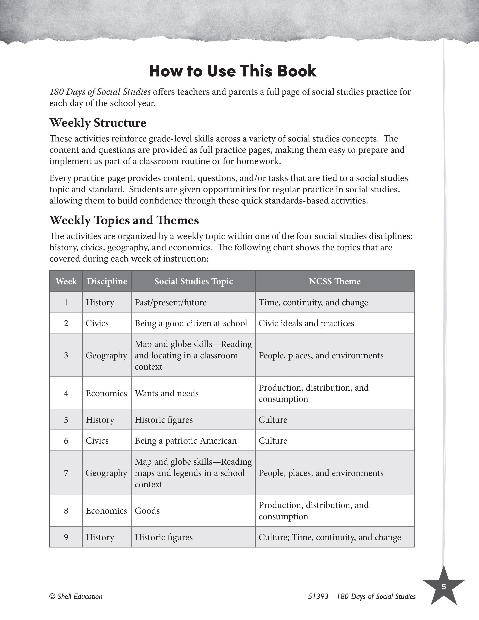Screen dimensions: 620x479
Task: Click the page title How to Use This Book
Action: tap(232, 71)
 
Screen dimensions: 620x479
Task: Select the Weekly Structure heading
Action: tap(98, 123)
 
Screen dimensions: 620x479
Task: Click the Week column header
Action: tap(66, 281)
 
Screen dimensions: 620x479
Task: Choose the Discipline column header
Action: tap(107, 281)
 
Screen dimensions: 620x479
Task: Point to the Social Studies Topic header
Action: tap(193, 281)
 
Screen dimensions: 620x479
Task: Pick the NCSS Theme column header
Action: tap(335, 281)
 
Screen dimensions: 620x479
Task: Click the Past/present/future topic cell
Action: tap(171, 302)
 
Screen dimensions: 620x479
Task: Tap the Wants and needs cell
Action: tap(167, 393)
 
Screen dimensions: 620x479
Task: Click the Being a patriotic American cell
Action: tap(186, 441)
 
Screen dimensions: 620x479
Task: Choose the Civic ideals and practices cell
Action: tap(306, 323)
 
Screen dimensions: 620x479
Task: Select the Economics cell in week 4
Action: tap(106, 393)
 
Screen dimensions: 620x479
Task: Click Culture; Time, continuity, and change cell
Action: tap(330, 537)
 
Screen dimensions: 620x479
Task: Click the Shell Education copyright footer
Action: tap(76, 597)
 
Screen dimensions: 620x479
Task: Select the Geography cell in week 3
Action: tap(106, 355)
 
